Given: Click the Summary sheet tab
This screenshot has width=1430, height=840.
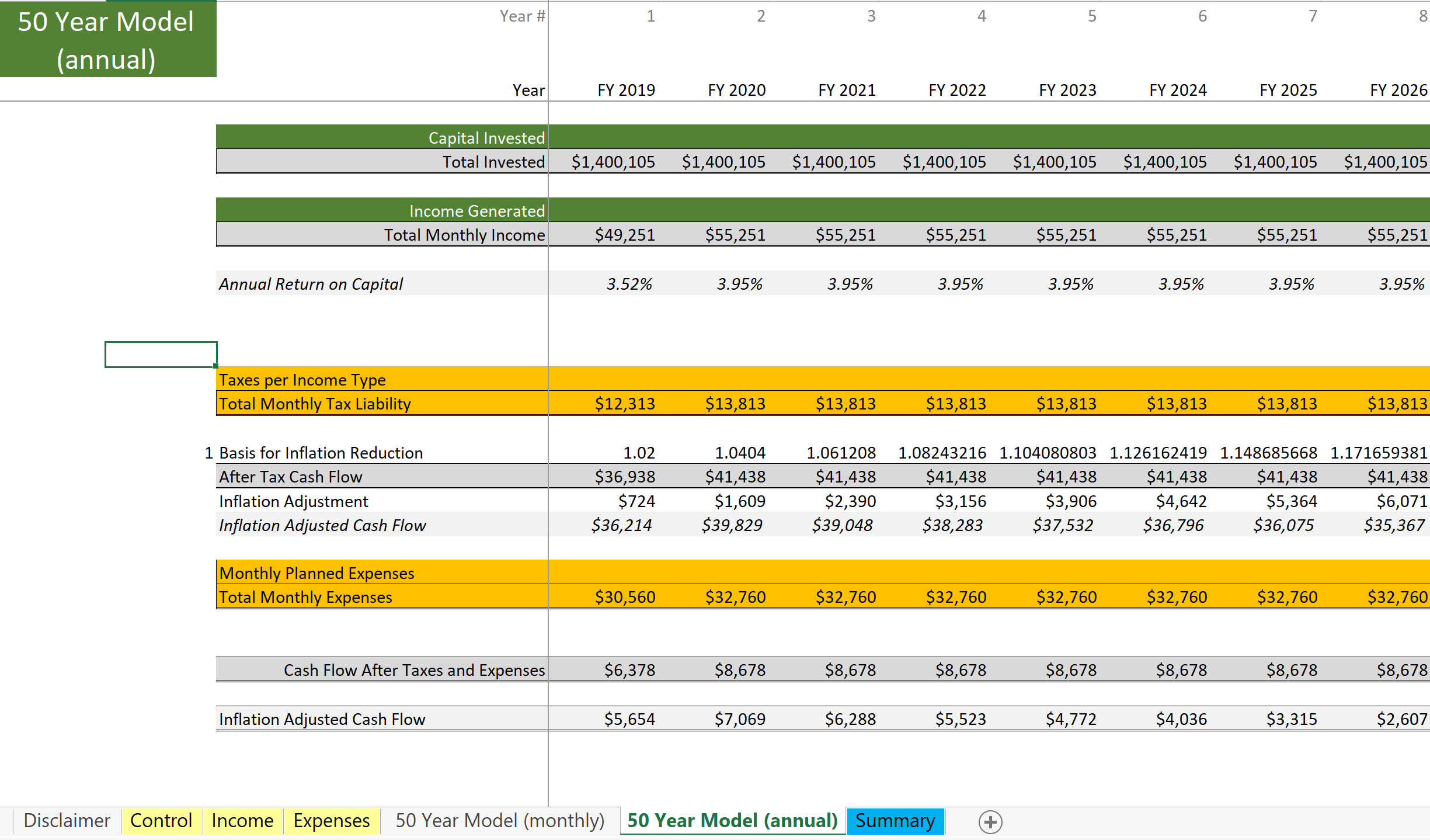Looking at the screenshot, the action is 895,821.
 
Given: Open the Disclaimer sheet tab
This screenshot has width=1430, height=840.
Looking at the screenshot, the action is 67,821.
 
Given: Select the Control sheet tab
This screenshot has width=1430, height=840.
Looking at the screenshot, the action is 161,821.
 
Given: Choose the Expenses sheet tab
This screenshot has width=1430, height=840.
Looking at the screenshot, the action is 332,821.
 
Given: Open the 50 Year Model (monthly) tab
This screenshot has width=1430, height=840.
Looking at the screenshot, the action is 500,821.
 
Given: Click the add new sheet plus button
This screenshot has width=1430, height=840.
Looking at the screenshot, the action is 990,822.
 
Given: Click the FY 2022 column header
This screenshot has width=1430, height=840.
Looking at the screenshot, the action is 957,90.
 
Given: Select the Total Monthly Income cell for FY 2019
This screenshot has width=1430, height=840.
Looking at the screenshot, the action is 625,235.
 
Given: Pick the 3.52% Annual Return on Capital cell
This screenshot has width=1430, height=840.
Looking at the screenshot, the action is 629,284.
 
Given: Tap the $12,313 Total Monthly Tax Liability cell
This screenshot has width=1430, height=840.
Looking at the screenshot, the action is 625,404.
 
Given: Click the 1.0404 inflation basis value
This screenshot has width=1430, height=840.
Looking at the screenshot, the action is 740,453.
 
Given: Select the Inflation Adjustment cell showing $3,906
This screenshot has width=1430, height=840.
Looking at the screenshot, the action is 1071,501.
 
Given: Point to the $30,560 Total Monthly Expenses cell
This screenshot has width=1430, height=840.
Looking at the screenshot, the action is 625,597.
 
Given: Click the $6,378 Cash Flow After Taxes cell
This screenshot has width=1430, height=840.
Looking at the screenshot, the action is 629,670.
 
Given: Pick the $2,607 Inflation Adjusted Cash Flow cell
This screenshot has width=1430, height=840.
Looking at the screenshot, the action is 1402,719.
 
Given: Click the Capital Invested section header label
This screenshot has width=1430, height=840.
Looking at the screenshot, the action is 486,138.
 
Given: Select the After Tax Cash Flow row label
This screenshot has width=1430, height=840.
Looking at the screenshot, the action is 291,477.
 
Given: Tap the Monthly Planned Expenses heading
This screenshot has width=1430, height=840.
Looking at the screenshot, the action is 316,573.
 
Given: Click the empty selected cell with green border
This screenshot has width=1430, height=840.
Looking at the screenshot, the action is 161,355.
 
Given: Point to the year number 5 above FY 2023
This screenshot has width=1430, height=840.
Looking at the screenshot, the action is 1092,16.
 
